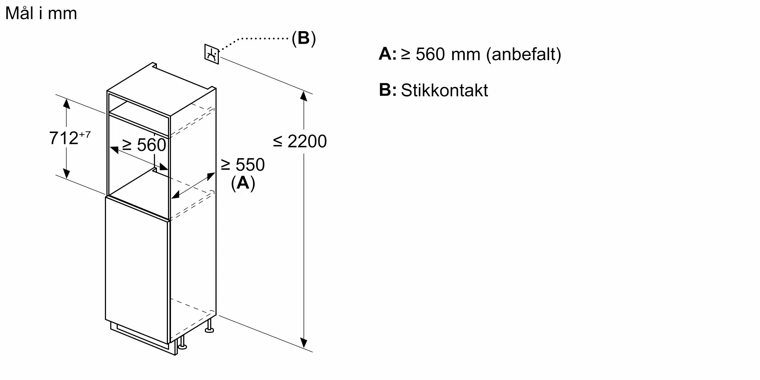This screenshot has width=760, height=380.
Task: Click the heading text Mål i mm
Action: [x=41, y=14]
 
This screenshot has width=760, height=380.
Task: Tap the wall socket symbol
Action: [x=212, y=54]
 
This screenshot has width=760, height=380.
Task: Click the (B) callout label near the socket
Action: [x=304, y=38]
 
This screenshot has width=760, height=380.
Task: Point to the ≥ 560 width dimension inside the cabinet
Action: [x=144, y=145]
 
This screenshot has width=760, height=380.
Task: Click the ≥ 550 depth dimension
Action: [x=242, y=165]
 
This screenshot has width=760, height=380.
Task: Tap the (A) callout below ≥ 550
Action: [x=243, y=183]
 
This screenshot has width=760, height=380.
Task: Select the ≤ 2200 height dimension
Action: [x=300, y=141]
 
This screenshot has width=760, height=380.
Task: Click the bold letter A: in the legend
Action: [x=388, y=54]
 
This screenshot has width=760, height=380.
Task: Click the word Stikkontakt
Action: [x=444, y=90]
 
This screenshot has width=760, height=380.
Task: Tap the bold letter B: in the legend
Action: [x=388, y=90]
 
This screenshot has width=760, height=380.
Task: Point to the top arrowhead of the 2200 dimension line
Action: [x=304, y=96]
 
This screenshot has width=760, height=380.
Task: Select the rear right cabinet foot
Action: [x=209, y=326]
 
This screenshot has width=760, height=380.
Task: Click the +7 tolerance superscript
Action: [x=85, y=134]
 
